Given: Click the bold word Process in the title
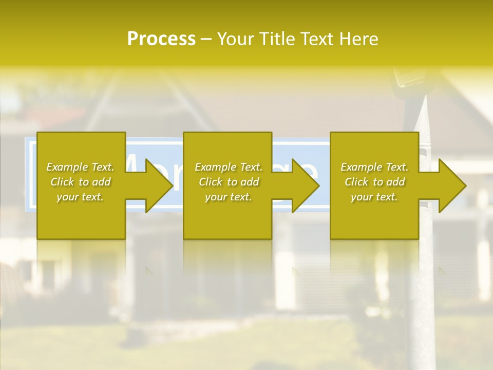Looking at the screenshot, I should tap(161, 39).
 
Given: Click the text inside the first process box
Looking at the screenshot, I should tap(81, 182).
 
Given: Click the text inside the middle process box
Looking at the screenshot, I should tap(229, 182).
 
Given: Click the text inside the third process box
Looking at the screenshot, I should tap(374, 182).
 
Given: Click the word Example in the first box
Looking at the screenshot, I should tap(67, 167).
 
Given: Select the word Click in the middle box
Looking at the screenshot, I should tap(210, 182).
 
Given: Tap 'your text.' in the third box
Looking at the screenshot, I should tap(374, 197).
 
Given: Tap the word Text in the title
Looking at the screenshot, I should tap(315, 39).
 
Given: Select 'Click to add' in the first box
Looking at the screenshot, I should tap(81, 182).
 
